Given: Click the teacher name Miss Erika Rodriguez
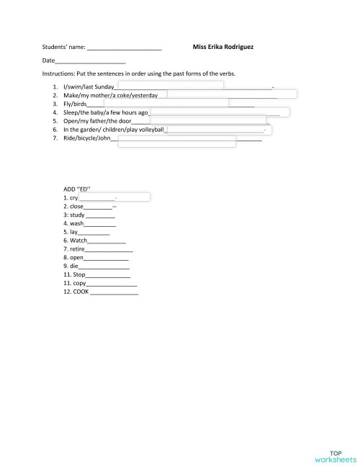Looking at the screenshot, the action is click(223, 48).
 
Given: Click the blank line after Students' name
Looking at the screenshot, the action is click(124, 48).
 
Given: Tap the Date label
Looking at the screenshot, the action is click(48, 62).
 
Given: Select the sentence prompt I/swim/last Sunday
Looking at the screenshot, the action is click(89, 86).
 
